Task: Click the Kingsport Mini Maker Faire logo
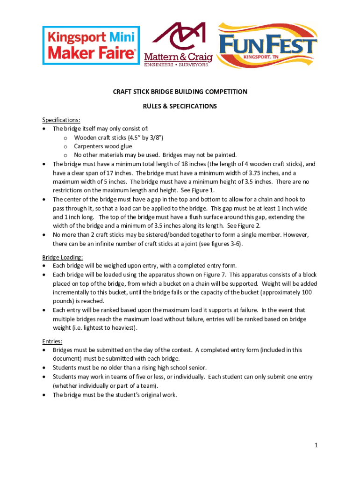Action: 91,45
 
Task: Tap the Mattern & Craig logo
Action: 178,44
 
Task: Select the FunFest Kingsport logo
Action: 268,45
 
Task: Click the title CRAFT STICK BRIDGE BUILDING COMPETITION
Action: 180,92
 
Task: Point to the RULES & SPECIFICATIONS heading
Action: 180,106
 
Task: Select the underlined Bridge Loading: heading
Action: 63,257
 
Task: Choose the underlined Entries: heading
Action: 52,341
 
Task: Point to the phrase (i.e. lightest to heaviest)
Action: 104,328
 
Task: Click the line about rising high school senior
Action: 130,368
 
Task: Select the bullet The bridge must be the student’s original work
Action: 115,395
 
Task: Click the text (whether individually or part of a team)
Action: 105,385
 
